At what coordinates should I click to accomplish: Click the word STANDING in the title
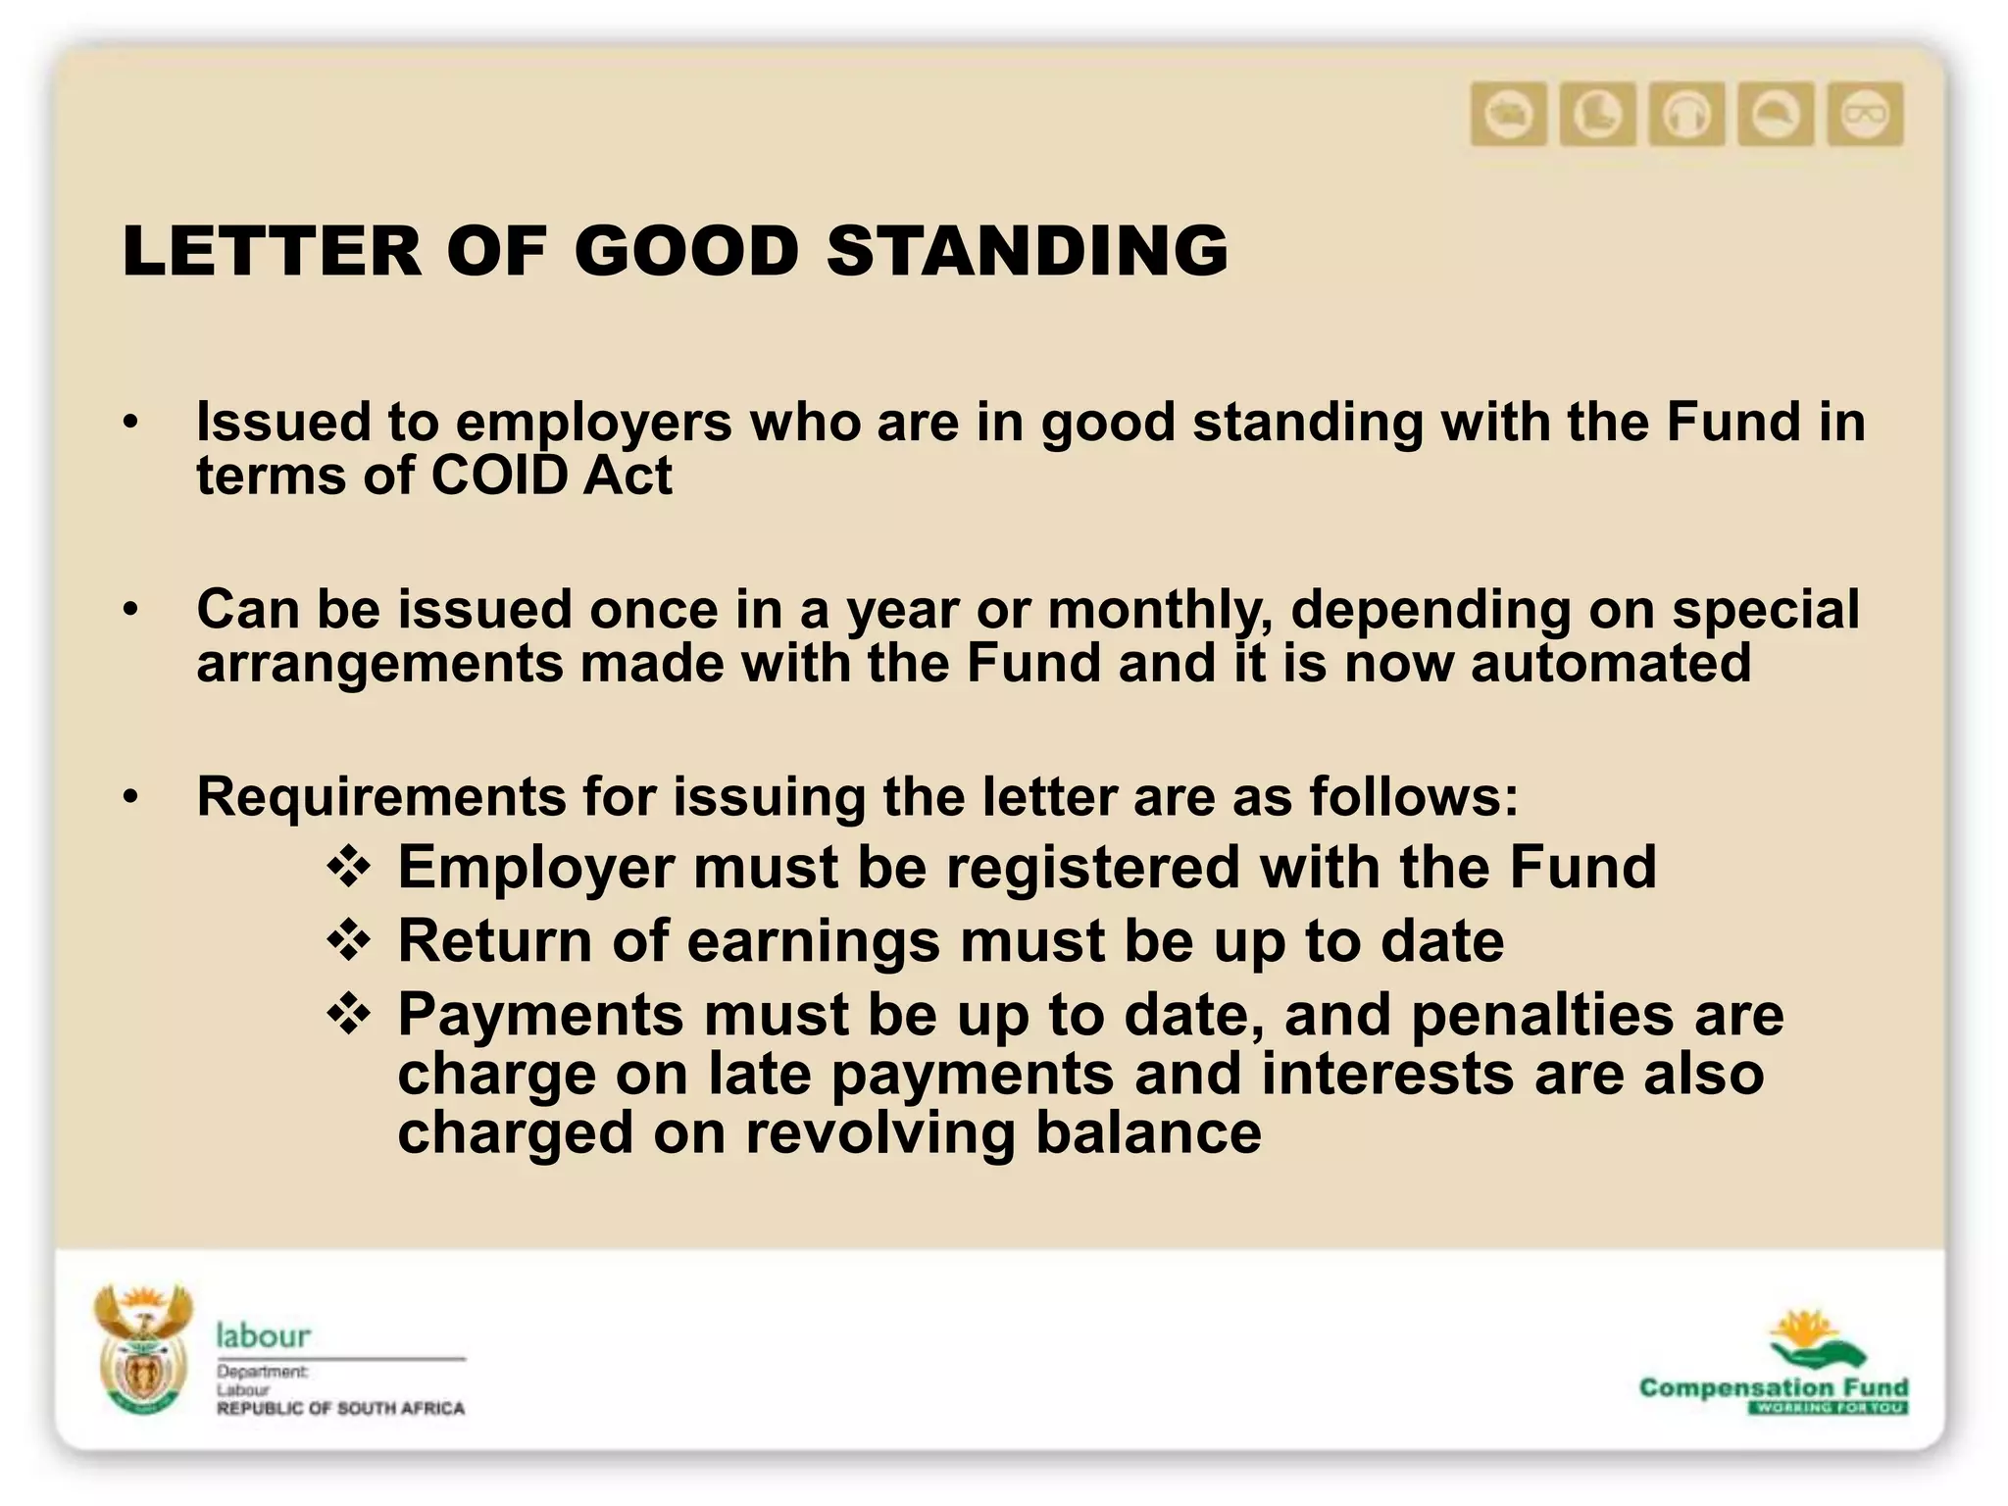tap(1027, 251)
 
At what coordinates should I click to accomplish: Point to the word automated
tap(1610, 663)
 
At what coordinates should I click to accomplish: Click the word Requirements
tap(380, 796)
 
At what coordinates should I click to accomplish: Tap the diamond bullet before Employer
tap(349, 868)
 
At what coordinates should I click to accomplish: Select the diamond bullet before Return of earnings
tap(349, 941)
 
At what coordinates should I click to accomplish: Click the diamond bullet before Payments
tap(349, 1015)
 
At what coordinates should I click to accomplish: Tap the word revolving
tap(880, 1133)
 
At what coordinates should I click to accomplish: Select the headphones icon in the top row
tap(1686, 115)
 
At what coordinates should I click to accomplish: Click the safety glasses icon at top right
tap(1865, 115)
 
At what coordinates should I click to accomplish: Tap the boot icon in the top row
tap(1597, 115)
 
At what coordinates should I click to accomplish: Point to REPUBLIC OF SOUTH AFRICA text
tap(340, 1409)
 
